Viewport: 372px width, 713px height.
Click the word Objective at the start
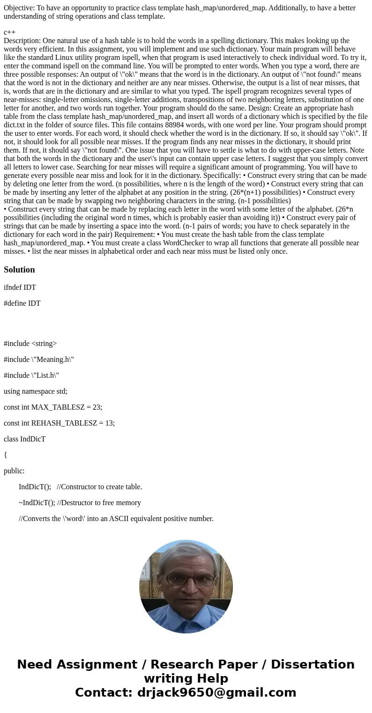pos(18,8)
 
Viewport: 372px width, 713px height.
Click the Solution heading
pos(19,270)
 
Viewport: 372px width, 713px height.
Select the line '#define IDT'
pos(22,303)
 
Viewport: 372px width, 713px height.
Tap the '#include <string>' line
pos(30,344)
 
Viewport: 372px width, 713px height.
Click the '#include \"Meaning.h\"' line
pos(39,360)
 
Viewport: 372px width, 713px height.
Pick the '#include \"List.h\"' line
pos(31,375)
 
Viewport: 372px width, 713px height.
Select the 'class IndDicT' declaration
pos(24,439)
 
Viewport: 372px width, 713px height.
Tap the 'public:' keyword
pos(14,471)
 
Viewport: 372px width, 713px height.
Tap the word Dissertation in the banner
pos(312,665)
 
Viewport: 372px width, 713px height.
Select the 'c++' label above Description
pos(9,32)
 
